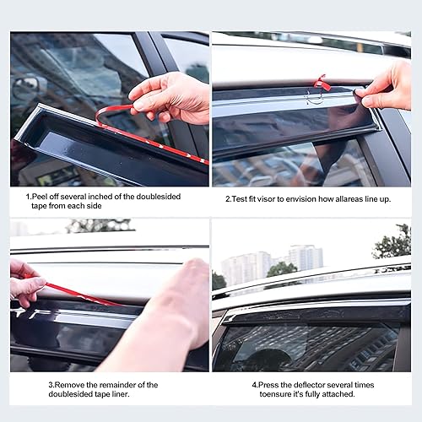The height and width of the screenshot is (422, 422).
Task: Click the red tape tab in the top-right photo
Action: pos(321,82)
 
